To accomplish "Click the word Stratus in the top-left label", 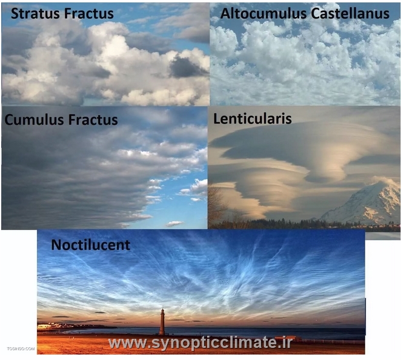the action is coord(36,13).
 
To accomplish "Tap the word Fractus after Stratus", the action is coord(89,13).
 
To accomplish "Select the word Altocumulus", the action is coord(263,13).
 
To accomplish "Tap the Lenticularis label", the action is coord(253,119).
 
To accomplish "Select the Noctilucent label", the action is coord(91,245).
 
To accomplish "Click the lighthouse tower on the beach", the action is coord(162,322).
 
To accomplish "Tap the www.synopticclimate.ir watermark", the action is coord(200,343).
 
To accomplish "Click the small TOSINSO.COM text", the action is coord(21,349).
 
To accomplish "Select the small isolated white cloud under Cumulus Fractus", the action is coord(174,224).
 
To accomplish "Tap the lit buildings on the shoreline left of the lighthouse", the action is coord(51,326).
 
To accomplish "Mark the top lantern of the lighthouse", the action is coord(162,310).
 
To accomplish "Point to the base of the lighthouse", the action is coord(162,333).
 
